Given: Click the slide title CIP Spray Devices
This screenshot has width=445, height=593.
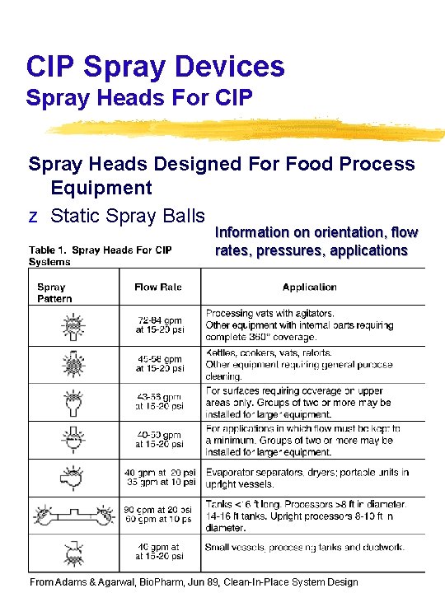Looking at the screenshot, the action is [x=155, y=66].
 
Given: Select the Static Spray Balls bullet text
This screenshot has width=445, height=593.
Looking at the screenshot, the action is [x=127, y=216].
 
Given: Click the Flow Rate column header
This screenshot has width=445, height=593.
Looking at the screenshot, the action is [x=157, y=287].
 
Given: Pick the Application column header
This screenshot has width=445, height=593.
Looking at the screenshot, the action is [x=309, y=287].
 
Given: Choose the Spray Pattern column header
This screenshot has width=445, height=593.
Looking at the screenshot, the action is [x=54, y=292].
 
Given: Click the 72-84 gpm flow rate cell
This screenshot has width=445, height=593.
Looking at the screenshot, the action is [x=160, y=325].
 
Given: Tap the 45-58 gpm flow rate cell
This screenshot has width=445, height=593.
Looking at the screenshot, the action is [x=160, y=363].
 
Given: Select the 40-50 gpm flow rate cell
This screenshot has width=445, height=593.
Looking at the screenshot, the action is [x=160, y=439].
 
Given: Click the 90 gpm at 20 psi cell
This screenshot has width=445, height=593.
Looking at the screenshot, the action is [x=160, y=514].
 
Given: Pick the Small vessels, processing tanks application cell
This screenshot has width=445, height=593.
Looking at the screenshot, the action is [x=305, y=546].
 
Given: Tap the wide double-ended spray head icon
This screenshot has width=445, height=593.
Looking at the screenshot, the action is [x=77, y=516].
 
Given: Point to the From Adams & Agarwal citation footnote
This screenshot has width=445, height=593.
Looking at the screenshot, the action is [x=194, y=581].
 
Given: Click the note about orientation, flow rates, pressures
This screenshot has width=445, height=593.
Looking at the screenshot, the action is [x=316, y=241].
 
